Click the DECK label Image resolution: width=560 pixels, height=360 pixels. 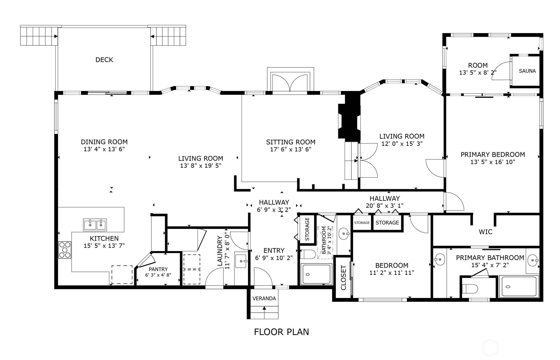(104, 60)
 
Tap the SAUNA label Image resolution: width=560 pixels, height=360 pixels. (527, 71)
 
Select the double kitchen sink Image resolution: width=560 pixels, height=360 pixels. (95, 225)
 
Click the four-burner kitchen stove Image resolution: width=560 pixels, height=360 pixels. (65, 250)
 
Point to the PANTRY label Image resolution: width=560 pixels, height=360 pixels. (158, 269)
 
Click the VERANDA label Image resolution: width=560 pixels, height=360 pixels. (264, 298)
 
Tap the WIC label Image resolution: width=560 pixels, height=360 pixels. (485, 232)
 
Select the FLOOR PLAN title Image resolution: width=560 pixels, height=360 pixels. (281, 332)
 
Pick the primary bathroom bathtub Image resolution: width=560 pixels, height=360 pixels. (519, 287)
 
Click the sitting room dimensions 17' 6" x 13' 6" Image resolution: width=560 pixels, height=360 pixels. (291, 149)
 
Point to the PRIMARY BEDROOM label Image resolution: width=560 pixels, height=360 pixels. (493, 155)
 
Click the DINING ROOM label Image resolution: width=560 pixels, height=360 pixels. (104, 142)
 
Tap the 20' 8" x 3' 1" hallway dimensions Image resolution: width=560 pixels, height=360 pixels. (385, 205)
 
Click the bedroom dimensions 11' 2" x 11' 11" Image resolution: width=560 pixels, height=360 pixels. (392, 273)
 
